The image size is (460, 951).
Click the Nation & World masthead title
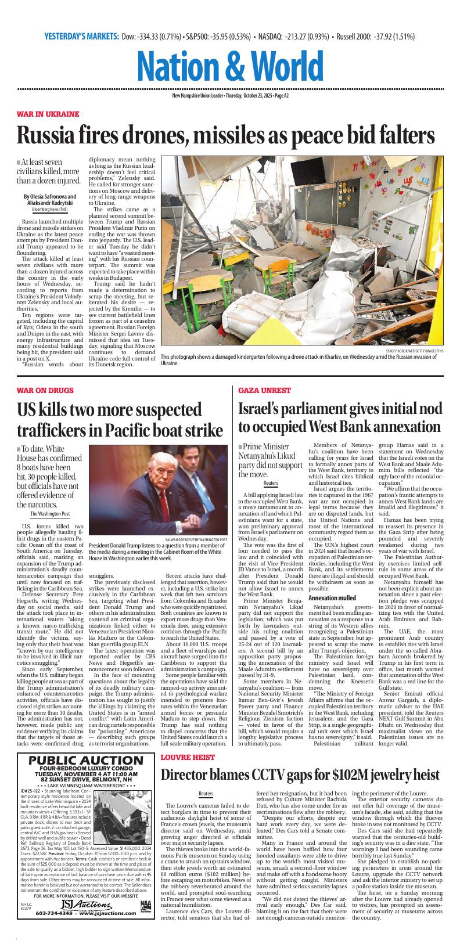click(230, 65)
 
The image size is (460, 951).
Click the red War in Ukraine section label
click(48, 114)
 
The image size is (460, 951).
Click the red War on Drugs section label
click(45, 390)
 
